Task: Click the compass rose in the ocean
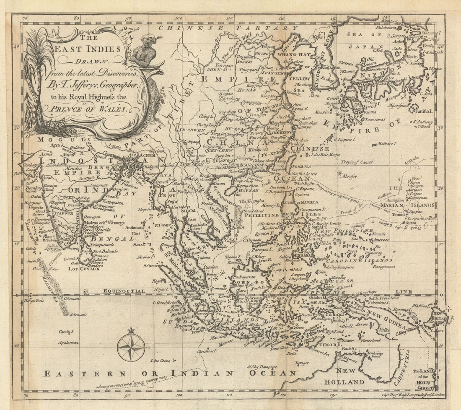(131, 347)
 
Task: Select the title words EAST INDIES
(88, 49)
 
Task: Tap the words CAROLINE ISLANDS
(360, 260)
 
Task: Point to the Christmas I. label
(207, 351)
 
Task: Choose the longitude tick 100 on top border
(179, 18)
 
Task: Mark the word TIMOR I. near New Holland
(331, 344)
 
